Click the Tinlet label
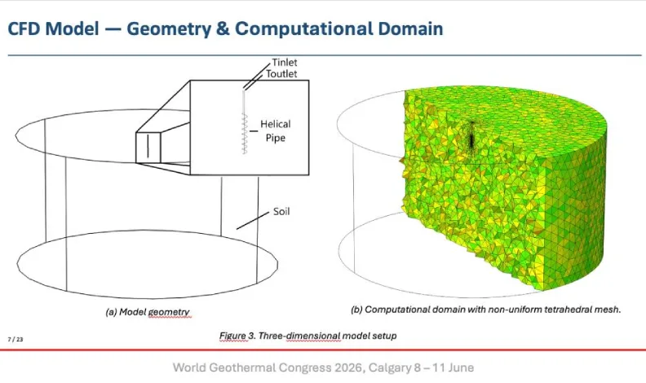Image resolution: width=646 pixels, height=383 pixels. point(285,62)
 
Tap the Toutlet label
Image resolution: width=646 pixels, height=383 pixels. point(281,74)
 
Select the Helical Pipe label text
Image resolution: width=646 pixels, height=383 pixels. point(275,131)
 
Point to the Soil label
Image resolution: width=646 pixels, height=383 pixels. point(281,211)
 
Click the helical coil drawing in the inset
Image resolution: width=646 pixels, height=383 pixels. point(245,134)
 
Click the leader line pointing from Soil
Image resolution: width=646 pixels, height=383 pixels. point(253,221)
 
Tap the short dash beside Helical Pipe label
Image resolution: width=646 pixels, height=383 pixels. point(254,131)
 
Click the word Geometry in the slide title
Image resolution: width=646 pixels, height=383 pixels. point(169,29)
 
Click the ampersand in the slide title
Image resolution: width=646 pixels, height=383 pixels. point(223,29)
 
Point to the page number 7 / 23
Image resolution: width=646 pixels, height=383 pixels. point(15,339)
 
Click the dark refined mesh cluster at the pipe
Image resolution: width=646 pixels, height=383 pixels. point(471,136)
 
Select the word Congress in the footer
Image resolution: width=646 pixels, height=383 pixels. point(305,368)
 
